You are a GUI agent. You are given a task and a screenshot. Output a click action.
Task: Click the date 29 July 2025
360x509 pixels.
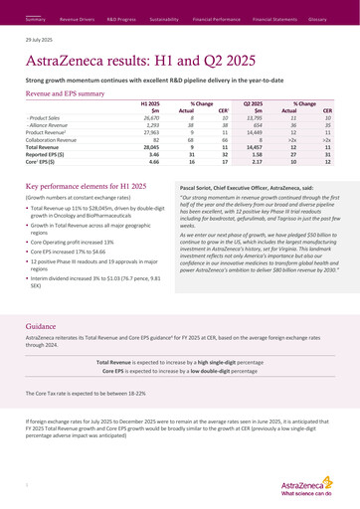coord(39,41)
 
